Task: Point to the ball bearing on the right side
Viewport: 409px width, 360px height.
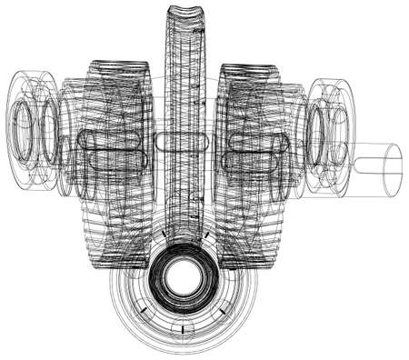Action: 329,135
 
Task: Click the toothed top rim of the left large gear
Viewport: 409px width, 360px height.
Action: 118,67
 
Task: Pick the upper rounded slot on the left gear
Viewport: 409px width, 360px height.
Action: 110,140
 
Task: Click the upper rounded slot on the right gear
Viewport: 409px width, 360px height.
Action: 260,141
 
